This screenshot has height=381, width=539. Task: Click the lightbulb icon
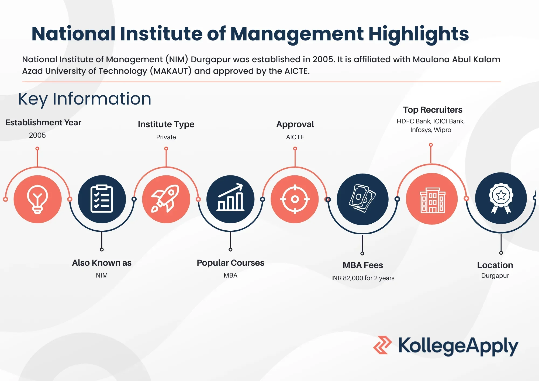point(37,199)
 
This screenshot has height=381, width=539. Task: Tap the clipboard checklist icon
point(102,199)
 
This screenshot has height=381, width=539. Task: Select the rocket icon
point(165,199)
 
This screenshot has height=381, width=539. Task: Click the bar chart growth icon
point(230,197)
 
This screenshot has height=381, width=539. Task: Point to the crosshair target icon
point(295,199)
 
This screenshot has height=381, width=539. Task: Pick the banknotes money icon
point(362,199)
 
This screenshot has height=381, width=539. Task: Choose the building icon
point(432,200)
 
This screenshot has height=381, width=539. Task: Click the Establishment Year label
point(43,123)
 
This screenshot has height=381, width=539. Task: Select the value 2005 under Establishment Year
point(37,135)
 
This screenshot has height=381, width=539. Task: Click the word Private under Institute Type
point(166,137)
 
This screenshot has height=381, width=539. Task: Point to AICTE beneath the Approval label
point(295,137)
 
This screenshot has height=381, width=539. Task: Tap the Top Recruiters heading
point(433,110)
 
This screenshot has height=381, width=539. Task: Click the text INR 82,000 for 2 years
point(363,278)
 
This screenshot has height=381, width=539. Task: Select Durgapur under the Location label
point(495,276)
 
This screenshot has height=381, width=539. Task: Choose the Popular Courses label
point(230,263)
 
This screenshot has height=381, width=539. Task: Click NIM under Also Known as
point(102,275)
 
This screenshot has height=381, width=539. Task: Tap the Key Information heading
point(85,99)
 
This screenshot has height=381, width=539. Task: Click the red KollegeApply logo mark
point(382,345)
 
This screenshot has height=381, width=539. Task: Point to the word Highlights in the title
point(419,34)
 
